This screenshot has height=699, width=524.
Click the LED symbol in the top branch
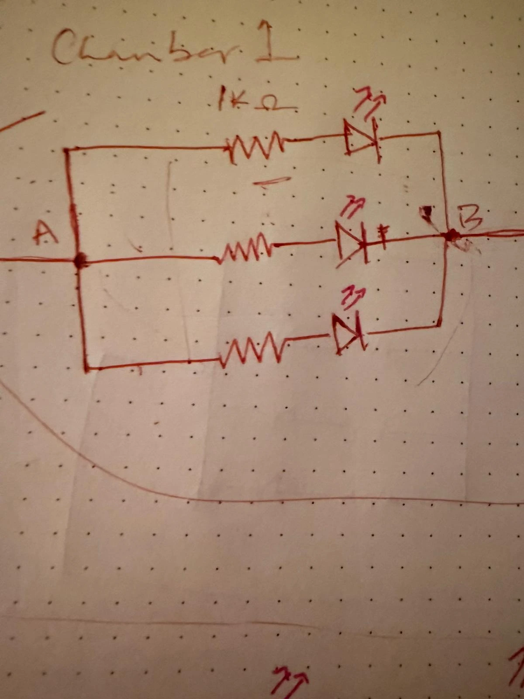(361, 138)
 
